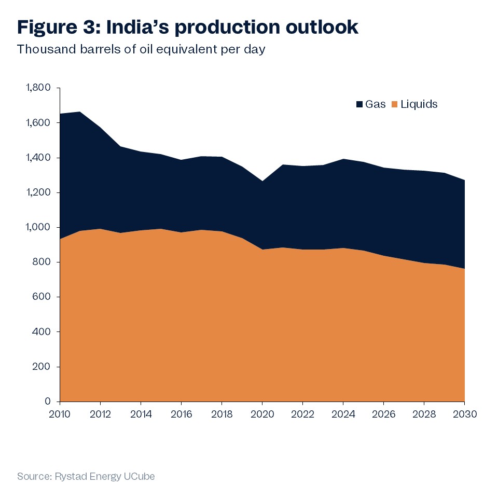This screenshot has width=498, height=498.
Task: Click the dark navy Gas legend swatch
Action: point(359,105)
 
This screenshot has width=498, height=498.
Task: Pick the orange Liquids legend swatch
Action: point(394,105)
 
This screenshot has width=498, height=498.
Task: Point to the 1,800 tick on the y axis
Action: point(40,88)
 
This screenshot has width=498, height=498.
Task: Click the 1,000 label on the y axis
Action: point(40,227)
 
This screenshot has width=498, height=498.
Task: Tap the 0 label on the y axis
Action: point(48,402)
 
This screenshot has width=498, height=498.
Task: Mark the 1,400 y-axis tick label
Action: point(40,158)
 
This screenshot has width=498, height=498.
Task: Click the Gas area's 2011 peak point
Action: point(80,112)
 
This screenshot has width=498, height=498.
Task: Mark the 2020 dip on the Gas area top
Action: point(262,181)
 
